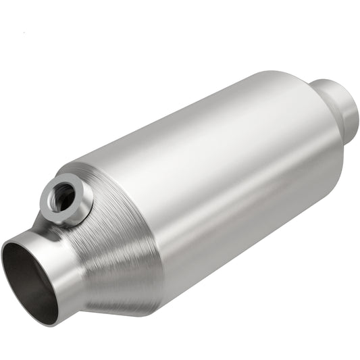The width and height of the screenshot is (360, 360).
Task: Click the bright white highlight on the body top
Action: click(x=203, y=115)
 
